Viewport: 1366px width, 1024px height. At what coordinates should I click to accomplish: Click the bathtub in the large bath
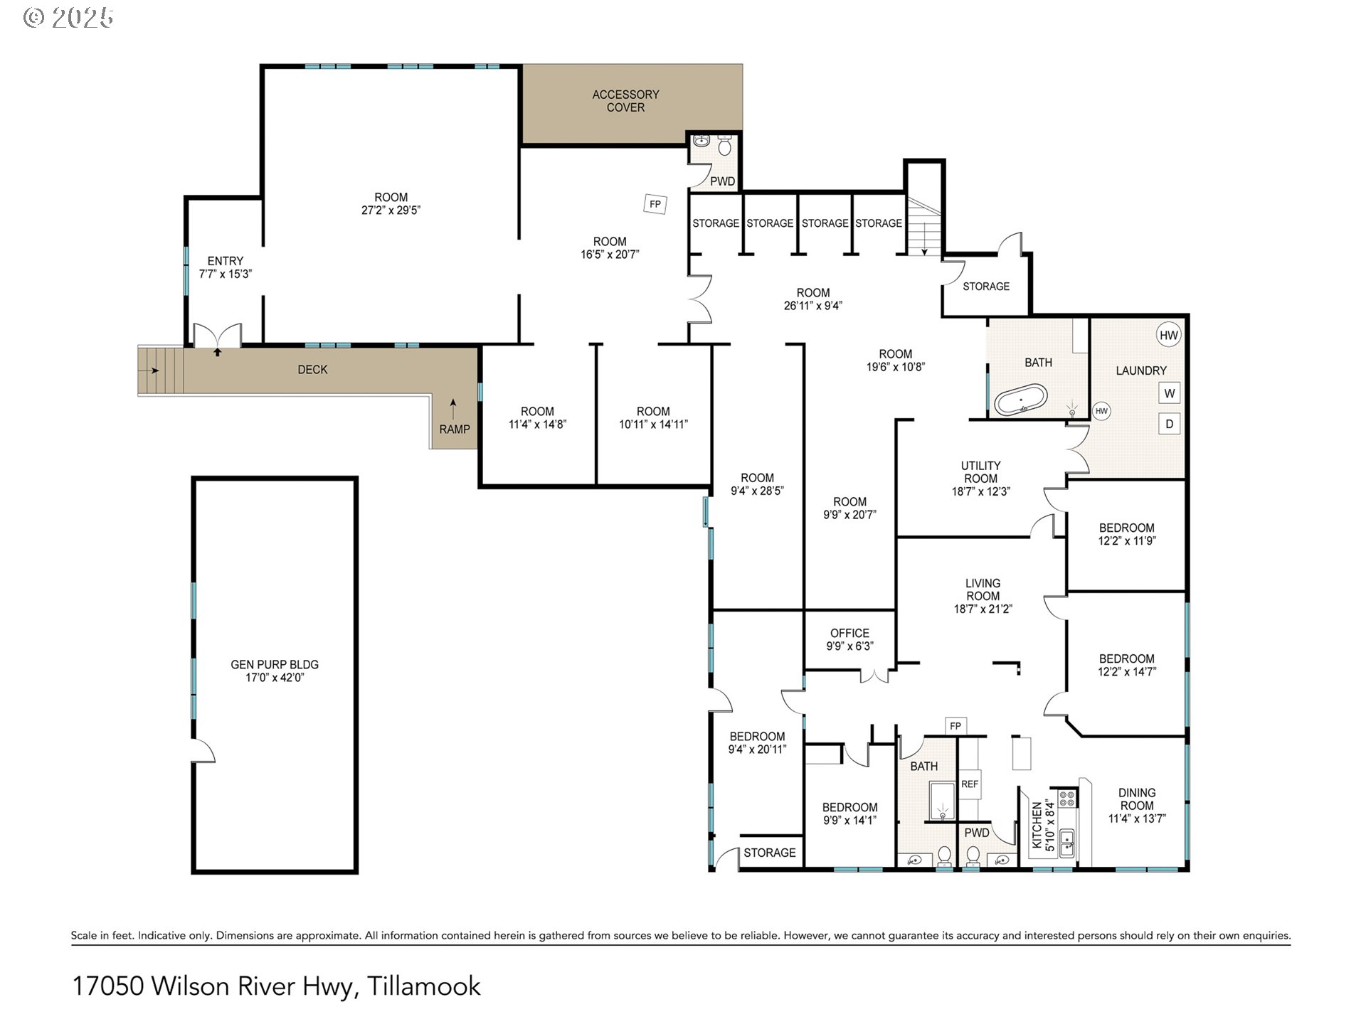pyautogui.click(x=1021, y=400)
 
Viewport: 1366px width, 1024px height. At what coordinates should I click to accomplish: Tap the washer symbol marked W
pyautogui.click(x=1170, y=393)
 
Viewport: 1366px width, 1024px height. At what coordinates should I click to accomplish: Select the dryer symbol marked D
pyautogui.click(x=1170, y=424)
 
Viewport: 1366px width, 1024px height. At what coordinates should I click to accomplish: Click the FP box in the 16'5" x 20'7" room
pyautogui.click(x=655, y=204)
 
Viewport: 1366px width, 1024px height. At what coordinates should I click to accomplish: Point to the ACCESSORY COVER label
pyautogui.click(x=625, y=101)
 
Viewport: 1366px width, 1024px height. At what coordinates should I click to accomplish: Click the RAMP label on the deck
pyautogui.click(x=455, y=430)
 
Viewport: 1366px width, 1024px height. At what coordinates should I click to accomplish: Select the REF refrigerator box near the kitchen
pyautogui.click(x=970, y=784)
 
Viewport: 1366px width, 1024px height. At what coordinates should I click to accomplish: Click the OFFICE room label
pyautogui.click(x=849, y=633)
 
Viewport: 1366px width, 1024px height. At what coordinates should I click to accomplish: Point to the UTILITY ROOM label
pyautogui.click(x=981, y=472)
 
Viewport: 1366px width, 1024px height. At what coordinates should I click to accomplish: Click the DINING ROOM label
pyautogui.click(x=1137, y=799)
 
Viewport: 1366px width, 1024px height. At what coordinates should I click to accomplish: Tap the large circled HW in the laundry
pyautogui.click(x=1169, y=336)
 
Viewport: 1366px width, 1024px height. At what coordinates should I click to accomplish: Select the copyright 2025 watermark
pyautogui.click(x=68, y=18)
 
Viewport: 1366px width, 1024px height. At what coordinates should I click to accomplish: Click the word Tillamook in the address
pyautogui.click(x=424, y=986)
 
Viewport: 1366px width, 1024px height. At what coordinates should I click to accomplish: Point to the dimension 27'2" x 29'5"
pyautogui.click(x=391, y=210)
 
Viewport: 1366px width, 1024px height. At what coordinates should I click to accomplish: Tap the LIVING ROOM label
pyautogui.click(x=983, y=590)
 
